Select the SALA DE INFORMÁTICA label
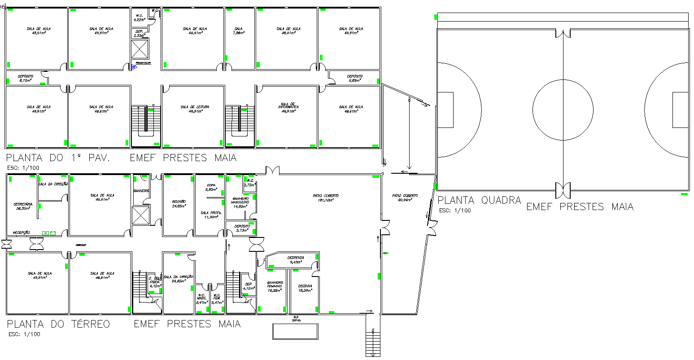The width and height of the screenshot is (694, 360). click(x=288, y=107)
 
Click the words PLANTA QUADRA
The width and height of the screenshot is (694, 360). click(x=479, y=200)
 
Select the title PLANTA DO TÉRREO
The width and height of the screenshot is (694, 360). click(x=58, y=324)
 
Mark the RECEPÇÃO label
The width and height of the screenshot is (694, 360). click(x=21, y=233)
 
